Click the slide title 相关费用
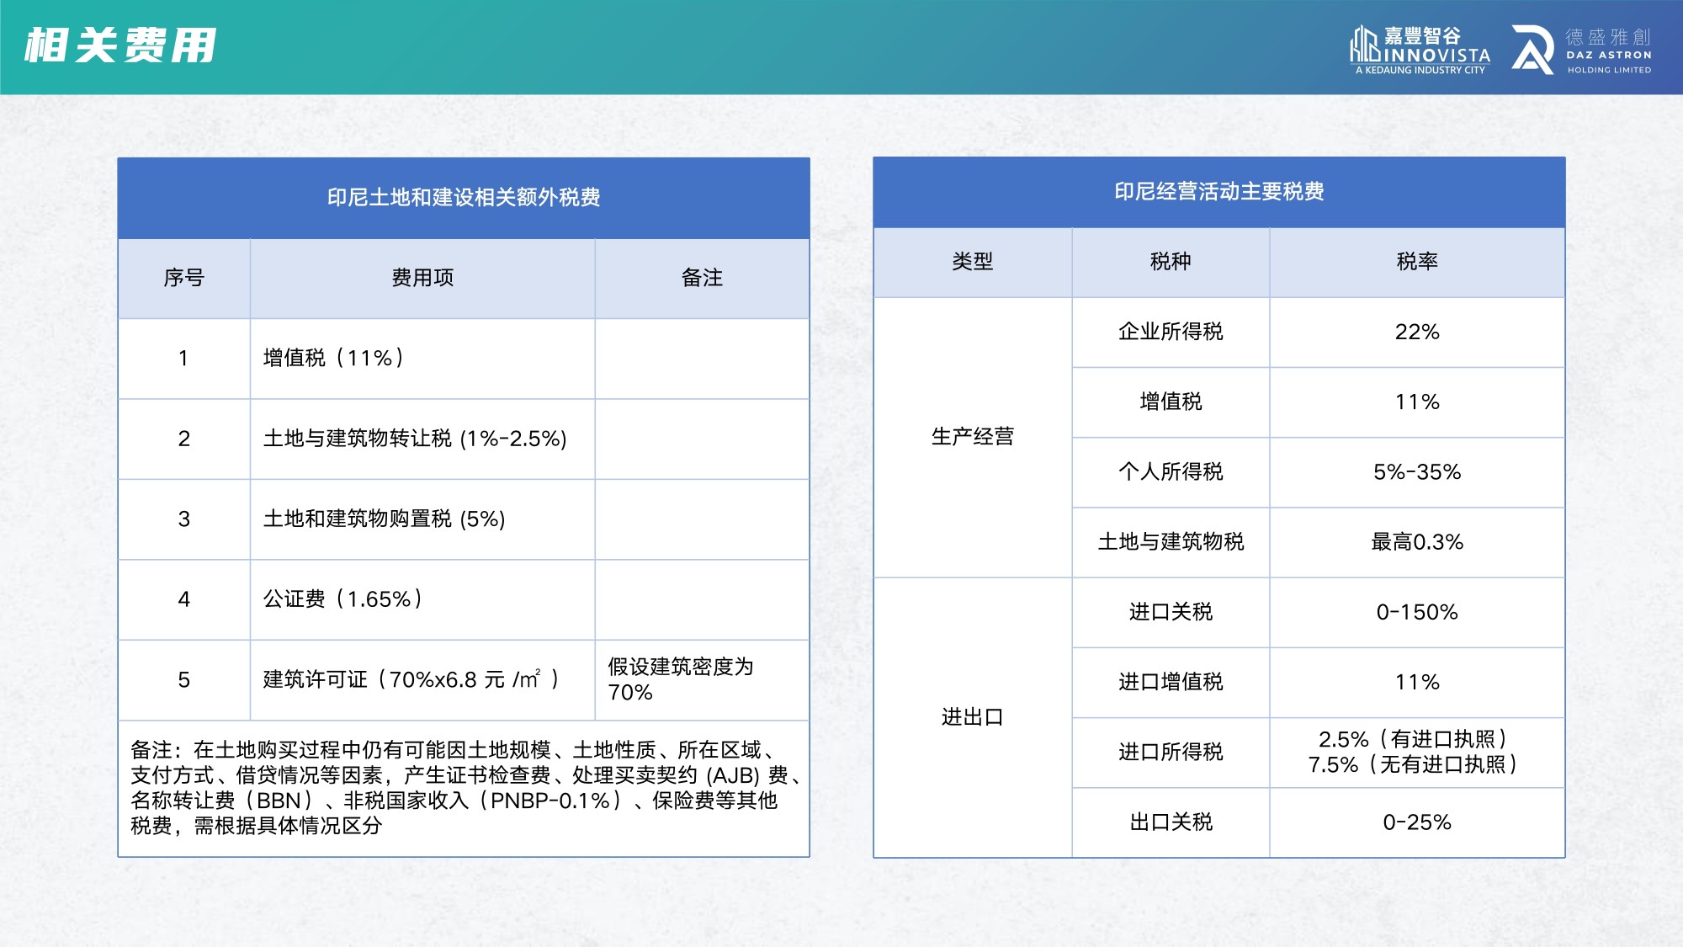tap(121, 45)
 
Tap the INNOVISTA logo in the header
tap(1420, 50)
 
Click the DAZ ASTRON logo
tap(1582, 50)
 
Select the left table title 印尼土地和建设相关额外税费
tap(464, 198)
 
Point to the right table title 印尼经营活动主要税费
tap(1219, 192)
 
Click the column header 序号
tap(183, 278)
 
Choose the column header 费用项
tap(422, 278)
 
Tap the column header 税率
tap(1417, 262)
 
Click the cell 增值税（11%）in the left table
tap(334, 359)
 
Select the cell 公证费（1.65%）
tap(343, 599)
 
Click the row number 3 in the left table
tap(183, 519)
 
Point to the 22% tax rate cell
tap(1417, 332)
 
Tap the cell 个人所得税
tap(1171, 472)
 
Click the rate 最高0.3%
tap(1417, 542)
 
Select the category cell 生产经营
tap(972, 437)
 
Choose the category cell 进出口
tap(972, 717)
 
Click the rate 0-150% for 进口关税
tap(1417, 612)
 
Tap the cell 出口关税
tap(1171, 822)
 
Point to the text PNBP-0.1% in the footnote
tap(550, 801)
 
